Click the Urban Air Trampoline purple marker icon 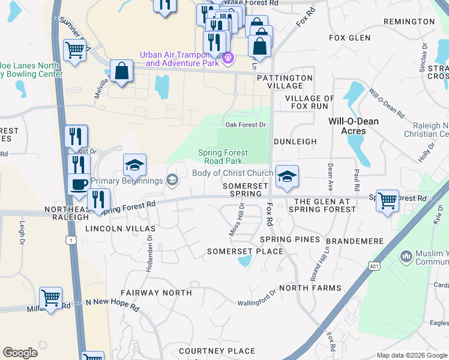coord(228,59)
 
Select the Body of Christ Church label coord(232,173)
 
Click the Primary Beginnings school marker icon coord(173,180)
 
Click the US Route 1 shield coord(72,240)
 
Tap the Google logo coord(20,353)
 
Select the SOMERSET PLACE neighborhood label coord(245,251)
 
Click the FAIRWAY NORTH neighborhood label coord(156,293)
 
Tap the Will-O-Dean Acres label coord(354,126)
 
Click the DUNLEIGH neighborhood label coord(295,142)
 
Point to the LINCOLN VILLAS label coord(120,229)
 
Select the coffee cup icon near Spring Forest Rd coord(79,184)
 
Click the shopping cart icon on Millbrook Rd coord(51,297)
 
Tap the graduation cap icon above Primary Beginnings coord(135,164)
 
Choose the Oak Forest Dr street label coord(245,125)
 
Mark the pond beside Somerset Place coord(244,261)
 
